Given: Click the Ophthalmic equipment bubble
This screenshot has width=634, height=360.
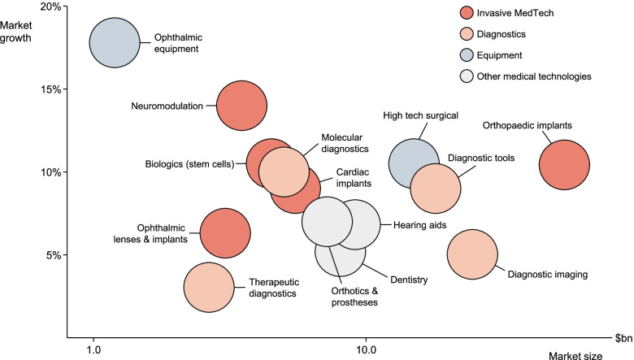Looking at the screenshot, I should click(x=115, y=43).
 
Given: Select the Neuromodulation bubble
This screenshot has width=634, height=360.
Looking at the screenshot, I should click(x=241, y=106).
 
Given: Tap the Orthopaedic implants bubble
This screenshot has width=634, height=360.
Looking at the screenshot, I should click(x=564, y=165).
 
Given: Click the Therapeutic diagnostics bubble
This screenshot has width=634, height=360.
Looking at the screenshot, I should click(x=209, y=288).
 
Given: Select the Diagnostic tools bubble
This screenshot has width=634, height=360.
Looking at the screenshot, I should click(x=436, y=188).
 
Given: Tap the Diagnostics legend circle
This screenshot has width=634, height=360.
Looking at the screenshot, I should click(x=467, y=34).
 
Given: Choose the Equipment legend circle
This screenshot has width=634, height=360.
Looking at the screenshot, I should click(x=467, y=55).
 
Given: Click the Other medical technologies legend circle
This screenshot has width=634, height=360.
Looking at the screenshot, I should click(x=467, y=76).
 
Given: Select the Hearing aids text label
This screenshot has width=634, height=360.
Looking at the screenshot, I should click(x=415, y=224).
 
